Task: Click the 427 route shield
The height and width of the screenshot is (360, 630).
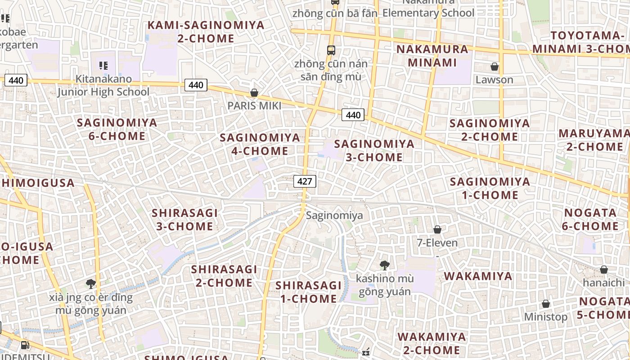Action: pos(305,181)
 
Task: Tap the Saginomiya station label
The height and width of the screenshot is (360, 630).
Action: pos(334,216)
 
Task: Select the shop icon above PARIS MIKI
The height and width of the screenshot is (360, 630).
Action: pos(254,93)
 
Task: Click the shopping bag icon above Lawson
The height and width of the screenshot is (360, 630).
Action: pos(495,67)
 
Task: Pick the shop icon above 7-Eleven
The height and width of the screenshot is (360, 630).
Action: pos(437,229)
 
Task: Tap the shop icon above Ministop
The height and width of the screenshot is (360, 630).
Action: pos(546,304)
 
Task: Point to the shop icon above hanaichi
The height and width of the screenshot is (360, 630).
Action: pos(604,270)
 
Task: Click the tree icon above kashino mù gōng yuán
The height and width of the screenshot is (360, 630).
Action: pos(384,265)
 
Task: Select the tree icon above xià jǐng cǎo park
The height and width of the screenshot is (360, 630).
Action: pos(91,283)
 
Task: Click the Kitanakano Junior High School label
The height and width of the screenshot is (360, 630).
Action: pos(103,85)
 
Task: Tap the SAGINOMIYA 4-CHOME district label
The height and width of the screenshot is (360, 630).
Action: pos(260,144)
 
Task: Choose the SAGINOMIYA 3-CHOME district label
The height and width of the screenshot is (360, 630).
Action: pos(374,150)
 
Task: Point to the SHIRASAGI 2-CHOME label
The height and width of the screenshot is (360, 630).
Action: pos(224,276)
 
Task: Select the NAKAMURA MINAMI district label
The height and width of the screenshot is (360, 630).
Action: pos(432,56)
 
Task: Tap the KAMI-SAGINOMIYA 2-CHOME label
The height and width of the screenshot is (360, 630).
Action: pos(206,31)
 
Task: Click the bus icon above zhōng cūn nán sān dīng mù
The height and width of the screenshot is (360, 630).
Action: pos(331,50)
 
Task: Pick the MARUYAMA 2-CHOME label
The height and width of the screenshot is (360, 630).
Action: pos(594,140)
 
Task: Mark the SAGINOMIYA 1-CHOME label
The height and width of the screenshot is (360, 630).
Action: pos(490,188)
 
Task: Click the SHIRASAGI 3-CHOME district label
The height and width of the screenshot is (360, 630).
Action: pos(184,219)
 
